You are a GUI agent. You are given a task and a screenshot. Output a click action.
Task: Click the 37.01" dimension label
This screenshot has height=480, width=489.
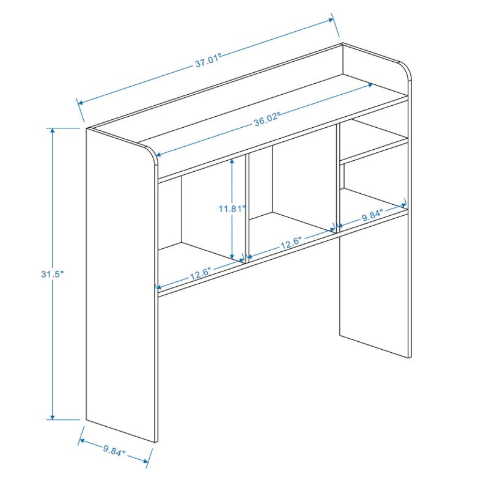(x=208, y=61)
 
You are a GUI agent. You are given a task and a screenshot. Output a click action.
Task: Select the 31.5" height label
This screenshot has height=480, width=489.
(x=53, y=274)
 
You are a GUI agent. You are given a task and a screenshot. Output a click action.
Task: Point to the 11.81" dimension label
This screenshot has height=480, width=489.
(x=232, y=209)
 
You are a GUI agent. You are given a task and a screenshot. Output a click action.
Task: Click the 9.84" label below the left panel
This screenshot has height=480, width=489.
(x=114, y=451)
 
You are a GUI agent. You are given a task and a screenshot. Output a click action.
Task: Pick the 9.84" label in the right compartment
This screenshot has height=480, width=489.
(x=372, y=215)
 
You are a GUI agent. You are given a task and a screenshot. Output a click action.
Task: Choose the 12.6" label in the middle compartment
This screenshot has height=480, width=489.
(x=291, y=243)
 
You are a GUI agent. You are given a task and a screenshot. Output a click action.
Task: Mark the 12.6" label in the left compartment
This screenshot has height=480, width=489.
(x=200, y=273)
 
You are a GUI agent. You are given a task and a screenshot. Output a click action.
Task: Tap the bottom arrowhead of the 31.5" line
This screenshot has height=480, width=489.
(x=53, y=417)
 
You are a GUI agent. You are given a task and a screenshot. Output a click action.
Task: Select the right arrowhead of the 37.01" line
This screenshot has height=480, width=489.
(x=331, y=20)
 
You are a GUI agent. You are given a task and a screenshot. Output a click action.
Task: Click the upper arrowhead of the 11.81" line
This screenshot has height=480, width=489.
(x=232, y=161)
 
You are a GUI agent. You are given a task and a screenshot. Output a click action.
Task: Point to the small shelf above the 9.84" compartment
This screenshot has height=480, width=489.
(x=373, y=149)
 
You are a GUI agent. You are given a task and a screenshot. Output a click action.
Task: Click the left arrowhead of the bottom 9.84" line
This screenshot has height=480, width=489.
(x=81, y=440)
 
